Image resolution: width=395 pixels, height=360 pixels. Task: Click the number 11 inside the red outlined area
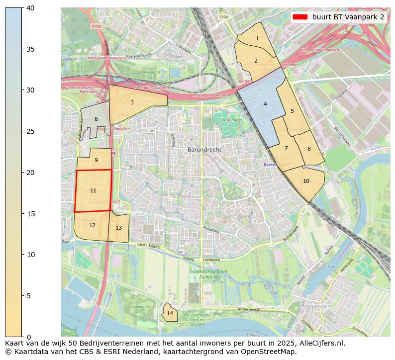(93, 191)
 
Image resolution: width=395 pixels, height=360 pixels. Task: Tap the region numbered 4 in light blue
(265, 104)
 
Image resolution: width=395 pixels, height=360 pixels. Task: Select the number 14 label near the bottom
(170, 313)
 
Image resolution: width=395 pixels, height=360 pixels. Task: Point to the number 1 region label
(257, 39)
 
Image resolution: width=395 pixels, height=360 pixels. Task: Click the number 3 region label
(132, 103)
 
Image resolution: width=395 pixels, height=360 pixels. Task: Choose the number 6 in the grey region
(96, 119)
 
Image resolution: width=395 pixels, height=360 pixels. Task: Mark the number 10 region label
(306, 181)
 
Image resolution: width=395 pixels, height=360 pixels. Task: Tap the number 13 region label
(118, 228)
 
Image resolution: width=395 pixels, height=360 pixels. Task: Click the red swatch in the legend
(300, 17)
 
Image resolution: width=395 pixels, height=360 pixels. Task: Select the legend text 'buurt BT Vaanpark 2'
(348, 17)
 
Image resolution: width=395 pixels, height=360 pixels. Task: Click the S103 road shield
(96, 26)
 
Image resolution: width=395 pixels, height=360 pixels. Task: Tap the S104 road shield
(224, 16)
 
